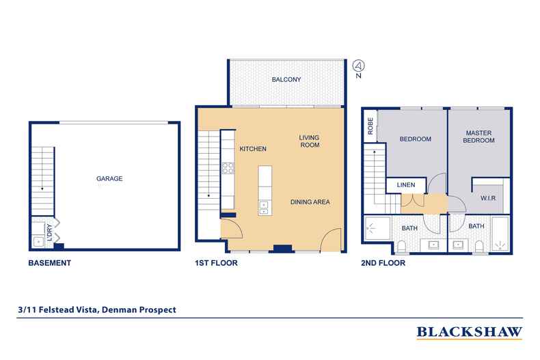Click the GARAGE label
tap(109, 178)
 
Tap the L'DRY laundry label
tap(49, 230)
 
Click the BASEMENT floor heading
tap(49, 262)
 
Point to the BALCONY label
tap(286, 80)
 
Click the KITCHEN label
tap(252, 149)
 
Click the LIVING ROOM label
tap(309, 141)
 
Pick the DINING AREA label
tap(311, 202)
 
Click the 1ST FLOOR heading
tap(217, 262)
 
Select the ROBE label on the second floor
tap(370, 128)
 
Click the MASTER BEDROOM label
tap(480, 136)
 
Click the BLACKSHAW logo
tap(470, 333)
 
